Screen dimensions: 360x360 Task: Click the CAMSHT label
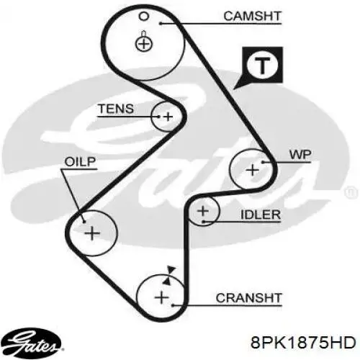[x=252, y=16]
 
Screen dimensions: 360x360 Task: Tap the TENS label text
[x=116, y=109]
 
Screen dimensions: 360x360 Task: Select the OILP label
[x=80, y=162]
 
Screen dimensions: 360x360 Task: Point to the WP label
[x=300, y=155]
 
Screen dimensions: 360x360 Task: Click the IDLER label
[x=261, y=215]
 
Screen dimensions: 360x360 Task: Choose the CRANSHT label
[x=248, y=298]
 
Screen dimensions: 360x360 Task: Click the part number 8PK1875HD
[x=303, y=342]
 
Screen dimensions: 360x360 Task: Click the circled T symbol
[x=262, y=65]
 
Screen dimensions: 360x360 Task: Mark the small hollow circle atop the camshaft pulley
[x=144, y=17]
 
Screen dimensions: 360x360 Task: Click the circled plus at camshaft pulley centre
[x=144, y=44]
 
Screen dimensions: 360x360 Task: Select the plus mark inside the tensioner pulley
[x=168, y=117]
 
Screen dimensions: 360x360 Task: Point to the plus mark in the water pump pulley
[x=253, y=170]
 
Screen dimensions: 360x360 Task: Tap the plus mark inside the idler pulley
[x=203, y=211]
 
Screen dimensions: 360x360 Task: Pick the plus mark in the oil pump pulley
[x=92, y=233]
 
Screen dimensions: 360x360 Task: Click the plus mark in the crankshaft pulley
[x=162, y=297]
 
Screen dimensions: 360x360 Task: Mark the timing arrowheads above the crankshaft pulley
[x=169, y=275]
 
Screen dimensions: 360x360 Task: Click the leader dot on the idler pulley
[x=203, y=221]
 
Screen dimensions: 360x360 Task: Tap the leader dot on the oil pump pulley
[x=84, y=222]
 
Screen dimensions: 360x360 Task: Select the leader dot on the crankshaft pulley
[x=173, y=305]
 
